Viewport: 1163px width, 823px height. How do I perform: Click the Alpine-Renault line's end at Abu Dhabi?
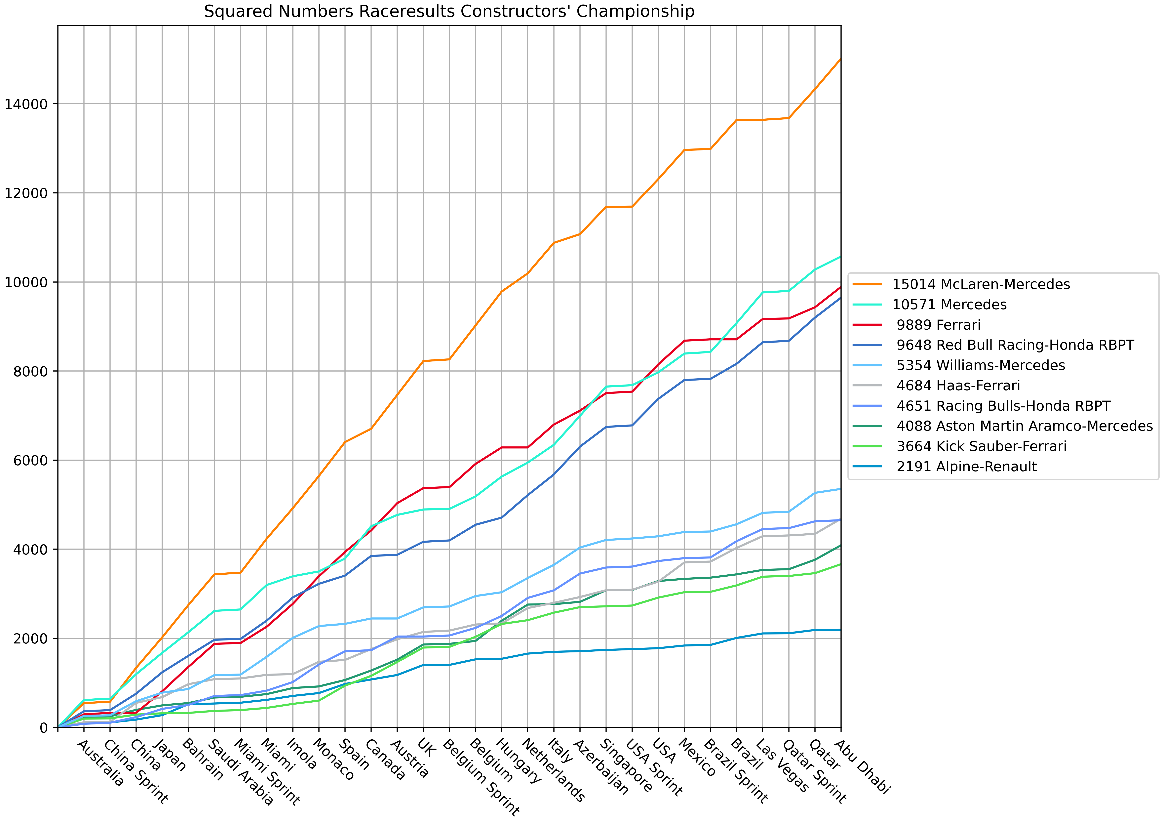pyautogui.click(x=840, y=630)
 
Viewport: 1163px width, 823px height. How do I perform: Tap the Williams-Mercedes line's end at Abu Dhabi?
pyautogui.click(x=840, y=489)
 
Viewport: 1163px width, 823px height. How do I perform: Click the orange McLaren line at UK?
pyautogui.click(x=423, y=361)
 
